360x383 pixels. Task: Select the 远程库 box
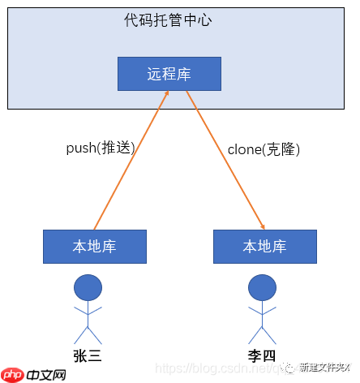(x=169, y=74)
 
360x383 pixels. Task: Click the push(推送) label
(x=100, y=148)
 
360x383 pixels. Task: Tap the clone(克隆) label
(x=264, y=149)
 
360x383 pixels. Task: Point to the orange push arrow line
(x=130, y=162)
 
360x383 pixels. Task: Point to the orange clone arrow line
(x=227, y=162)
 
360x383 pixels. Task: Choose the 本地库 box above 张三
(x=95, y=247)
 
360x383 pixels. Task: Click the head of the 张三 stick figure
(x=88, y=288)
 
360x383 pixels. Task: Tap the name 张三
(x=88, y=355)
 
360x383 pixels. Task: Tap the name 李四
(x=261, y=355)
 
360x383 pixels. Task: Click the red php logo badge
(x=12, y=375)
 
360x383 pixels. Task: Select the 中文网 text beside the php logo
(x=45, y=375)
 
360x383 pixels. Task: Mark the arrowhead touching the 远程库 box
(x=165, y=95)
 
